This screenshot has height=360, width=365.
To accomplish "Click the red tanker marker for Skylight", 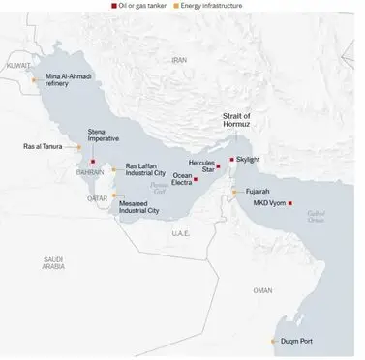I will pos(231,159).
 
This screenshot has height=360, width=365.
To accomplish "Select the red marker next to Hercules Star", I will pos(219,168).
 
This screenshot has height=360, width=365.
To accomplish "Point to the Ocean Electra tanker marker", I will pos(196,179).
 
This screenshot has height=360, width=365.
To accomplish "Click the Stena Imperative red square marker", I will pos(94,161).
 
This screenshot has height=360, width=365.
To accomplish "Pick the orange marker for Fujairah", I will pos(233,193).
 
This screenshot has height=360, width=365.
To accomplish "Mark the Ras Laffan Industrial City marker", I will pos(113,169).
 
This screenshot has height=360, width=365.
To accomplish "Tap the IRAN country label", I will pos(177,59).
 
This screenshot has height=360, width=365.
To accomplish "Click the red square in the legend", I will pos(116,6).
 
